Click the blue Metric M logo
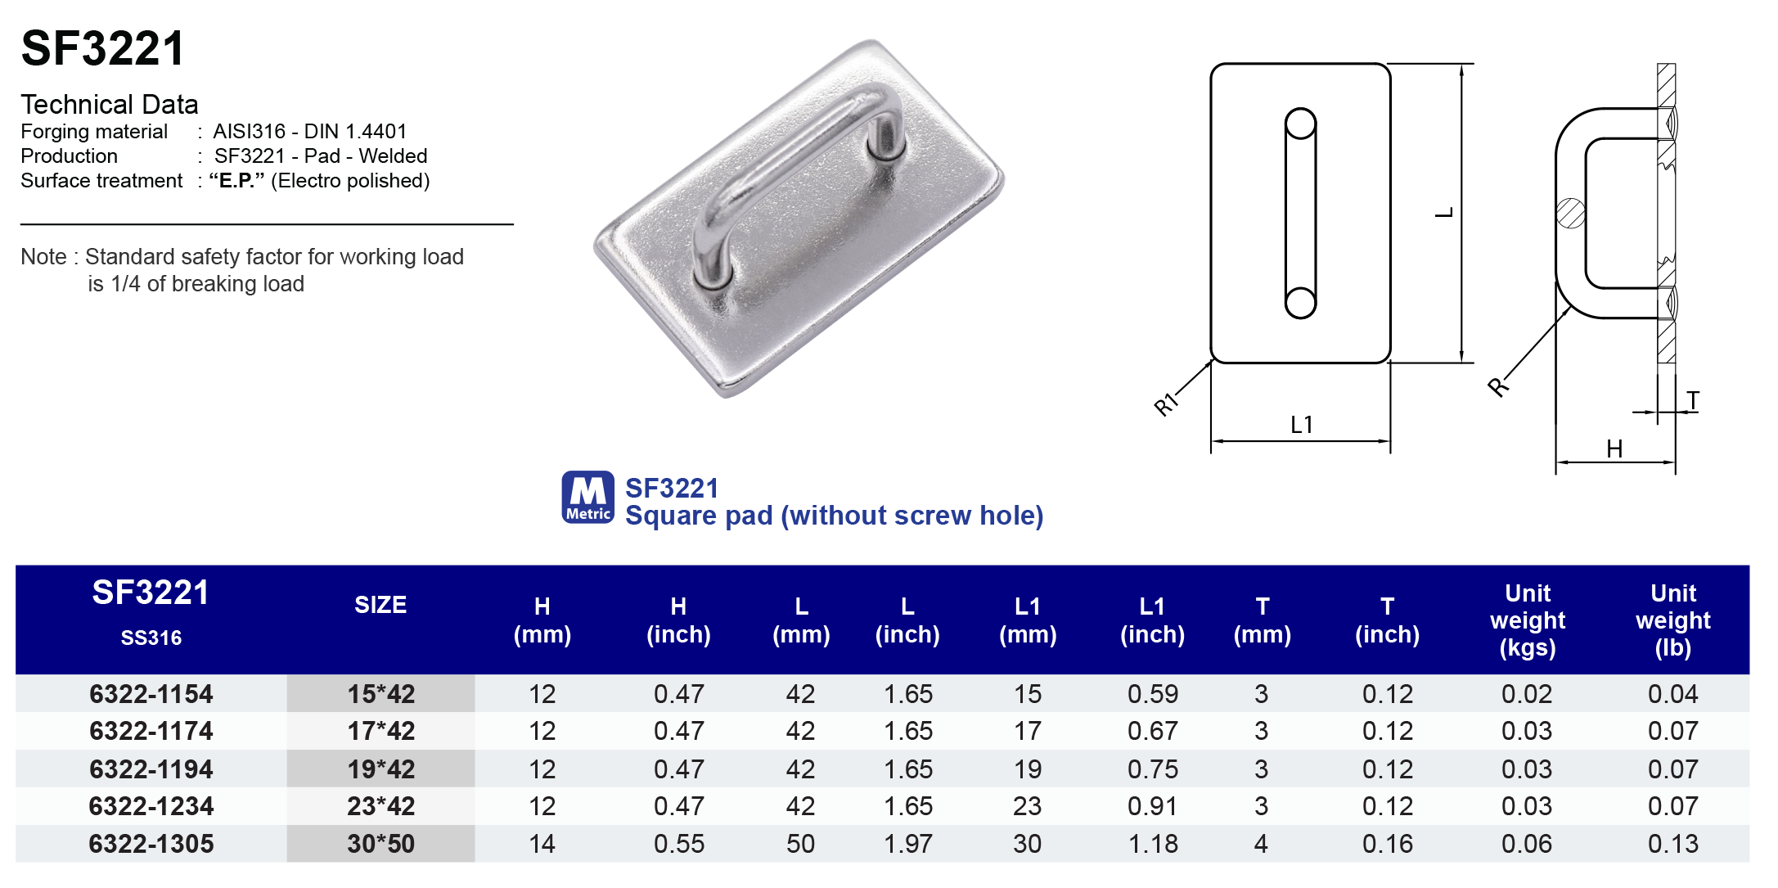[587, 497]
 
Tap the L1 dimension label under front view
[1301, 425]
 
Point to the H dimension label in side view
[1614, 449]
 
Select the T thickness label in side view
[1693, 401]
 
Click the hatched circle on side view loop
[1570, 214]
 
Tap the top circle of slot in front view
[1300, 124]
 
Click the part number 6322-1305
[151, 844]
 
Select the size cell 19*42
[380, 769]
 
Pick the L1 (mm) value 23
[1027, 806]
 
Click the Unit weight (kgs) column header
[1527, 620]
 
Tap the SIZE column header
[380, 605]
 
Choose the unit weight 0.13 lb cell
[1672, 844]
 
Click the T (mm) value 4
[1261, 844]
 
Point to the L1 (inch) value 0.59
[1152, 694]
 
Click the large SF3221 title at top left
[103, 48]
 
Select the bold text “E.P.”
[236, 181]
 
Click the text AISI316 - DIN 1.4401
[309, 132]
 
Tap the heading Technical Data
[110, 105]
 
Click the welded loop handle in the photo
[785, 164]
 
